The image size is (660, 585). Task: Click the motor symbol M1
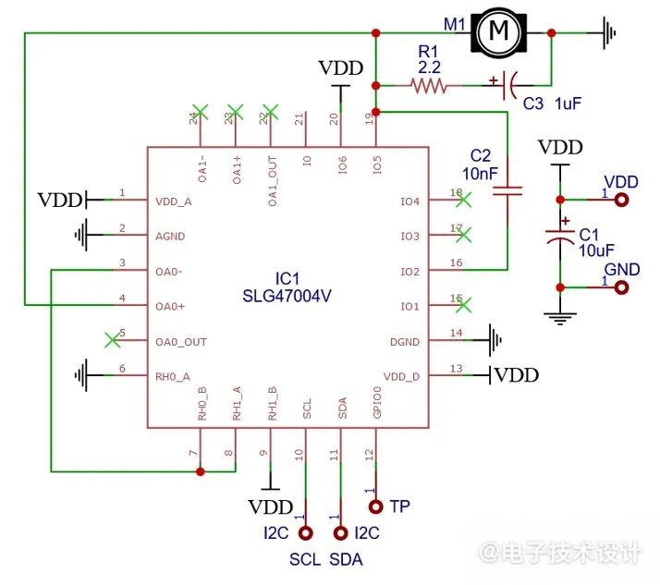[x=499, y=32]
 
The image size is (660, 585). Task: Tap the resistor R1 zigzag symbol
[x=429, y=86]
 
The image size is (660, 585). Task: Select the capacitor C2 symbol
[x=507, y=191]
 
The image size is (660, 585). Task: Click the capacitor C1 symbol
[x=560, y=237]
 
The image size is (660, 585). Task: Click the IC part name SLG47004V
[x=287, y=297]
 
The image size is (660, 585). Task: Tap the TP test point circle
[x=376, y=506]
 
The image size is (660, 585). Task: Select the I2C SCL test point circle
[x=306, y=533]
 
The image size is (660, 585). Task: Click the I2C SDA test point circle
[x=340, y=533]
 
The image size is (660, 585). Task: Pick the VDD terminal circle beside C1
[x=621, y=200]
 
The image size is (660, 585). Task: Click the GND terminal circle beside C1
[x=621, y=287]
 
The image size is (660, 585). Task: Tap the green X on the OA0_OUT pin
[x=113, y=340]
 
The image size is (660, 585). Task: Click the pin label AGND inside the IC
[x=170, y=237]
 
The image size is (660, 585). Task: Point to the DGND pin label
[x=405, y=342]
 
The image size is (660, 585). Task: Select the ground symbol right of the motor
[x=609, y=33]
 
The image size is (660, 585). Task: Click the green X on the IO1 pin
[x=463, y=305]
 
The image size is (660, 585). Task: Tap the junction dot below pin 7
[x=201, y=471]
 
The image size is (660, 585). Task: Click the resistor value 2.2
[x=429, y=67]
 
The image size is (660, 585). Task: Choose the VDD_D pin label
[x=401, y=377]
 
